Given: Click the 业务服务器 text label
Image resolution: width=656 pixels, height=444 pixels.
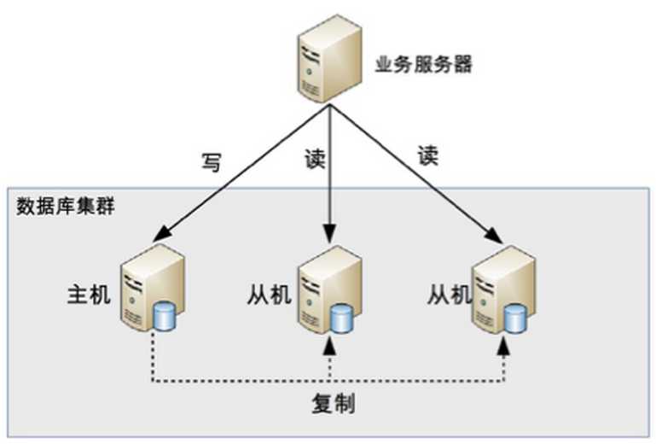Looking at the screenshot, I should tap(424, 64).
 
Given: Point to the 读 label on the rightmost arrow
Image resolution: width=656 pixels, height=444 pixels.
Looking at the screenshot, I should tap(427, 156).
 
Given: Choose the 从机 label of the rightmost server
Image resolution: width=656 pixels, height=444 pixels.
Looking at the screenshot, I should tap(450, 295).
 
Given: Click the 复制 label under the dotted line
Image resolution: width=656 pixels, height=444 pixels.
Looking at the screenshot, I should tap(332, 404).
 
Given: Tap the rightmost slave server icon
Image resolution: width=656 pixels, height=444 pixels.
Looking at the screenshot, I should tap(504, 287).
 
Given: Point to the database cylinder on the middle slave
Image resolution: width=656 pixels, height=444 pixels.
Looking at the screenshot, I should tap(341, 318).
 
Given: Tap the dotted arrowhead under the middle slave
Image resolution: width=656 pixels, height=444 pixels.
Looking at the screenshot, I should tap(329, 348).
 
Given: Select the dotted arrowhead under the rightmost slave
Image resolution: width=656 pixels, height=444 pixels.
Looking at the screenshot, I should tap(504, 348).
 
